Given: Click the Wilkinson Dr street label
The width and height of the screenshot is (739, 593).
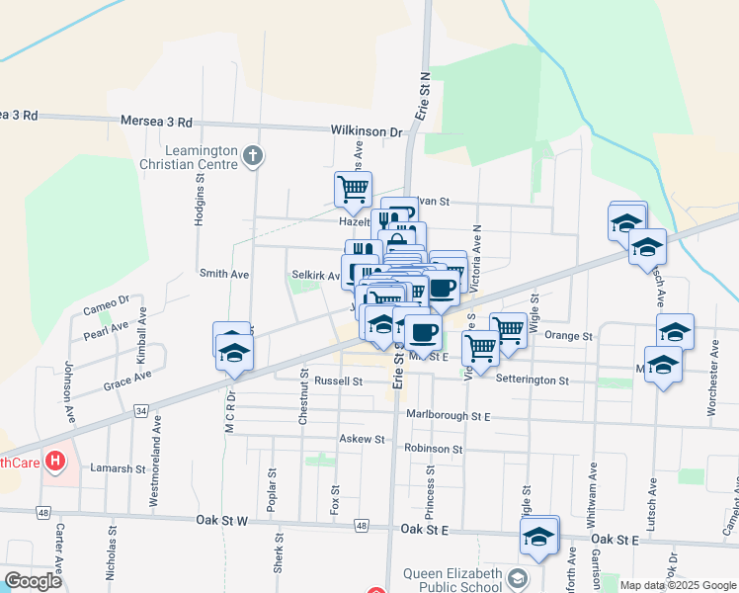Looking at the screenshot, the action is pos(367,130).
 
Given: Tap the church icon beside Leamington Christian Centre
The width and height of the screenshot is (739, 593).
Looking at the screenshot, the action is pos(253,155).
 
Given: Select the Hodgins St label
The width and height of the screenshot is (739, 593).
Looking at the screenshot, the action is pos(199,206).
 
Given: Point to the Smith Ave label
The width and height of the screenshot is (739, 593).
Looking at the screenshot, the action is pos(224,274).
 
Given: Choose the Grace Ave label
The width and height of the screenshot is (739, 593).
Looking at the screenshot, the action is pos(127,381).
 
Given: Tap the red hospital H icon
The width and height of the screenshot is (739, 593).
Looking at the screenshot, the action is pos(55,461).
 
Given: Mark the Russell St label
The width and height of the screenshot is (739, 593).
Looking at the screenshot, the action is pos(338,381).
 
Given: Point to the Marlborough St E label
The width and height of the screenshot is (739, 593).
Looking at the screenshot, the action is pos(448,416).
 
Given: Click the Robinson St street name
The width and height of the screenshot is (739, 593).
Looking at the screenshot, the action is pos(433,449).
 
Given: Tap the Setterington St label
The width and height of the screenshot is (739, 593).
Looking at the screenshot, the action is pos(533,381).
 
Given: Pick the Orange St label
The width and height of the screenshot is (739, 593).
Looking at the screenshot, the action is pos(568,336).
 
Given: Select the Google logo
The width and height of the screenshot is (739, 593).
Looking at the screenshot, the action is pos(34,581).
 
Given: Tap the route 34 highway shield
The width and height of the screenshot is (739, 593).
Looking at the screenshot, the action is pos(142,410).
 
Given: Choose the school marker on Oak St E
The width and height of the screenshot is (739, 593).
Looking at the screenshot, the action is pos(539,538).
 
